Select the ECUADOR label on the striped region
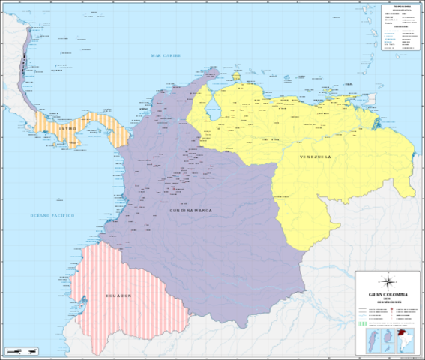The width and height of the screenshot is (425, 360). tap(118, 296)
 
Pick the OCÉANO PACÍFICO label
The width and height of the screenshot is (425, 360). tap(52, 215)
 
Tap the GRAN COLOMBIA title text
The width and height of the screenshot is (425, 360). tap(388, 294)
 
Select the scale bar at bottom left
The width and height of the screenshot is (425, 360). tap(20, 351)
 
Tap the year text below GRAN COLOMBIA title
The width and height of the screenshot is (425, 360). tap(388, 299)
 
